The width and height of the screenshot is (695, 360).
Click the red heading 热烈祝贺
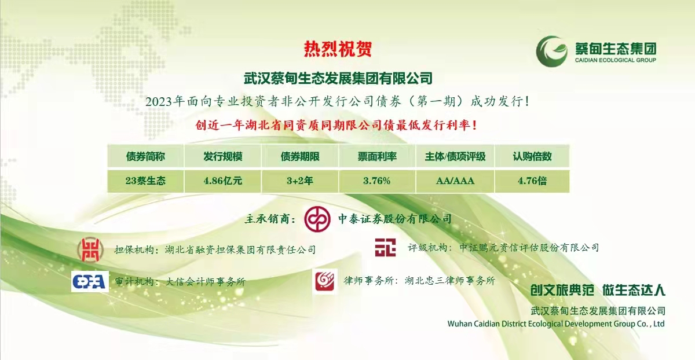(338, 49)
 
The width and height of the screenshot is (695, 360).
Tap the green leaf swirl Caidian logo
(551, 51)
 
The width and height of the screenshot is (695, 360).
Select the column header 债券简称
(145, 156)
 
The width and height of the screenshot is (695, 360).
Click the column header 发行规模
(223, 156)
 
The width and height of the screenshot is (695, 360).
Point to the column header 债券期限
(300, 156)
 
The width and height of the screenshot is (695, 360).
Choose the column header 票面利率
(377, 156)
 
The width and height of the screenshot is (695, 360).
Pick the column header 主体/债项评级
(455, 156)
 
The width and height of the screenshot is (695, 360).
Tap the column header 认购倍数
(532, 156)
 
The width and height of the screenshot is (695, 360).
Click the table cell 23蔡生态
(145, 181)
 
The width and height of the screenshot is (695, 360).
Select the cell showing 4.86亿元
(223, 181)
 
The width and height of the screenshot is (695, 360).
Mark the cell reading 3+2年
(300, 181)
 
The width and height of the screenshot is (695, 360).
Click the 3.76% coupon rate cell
(377, 181)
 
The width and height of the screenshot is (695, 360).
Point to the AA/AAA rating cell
(455, 181)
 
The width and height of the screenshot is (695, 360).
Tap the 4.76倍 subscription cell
(532, 181)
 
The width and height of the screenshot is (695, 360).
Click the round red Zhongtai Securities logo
(317, 219)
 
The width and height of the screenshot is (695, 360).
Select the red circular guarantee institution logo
(90, 249)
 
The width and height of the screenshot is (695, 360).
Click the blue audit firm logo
(90, 281)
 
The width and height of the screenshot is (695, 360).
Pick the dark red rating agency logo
(385, 248)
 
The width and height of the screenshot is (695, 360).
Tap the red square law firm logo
(325, 281)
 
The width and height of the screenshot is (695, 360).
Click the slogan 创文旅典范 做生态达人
(598, 290)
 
